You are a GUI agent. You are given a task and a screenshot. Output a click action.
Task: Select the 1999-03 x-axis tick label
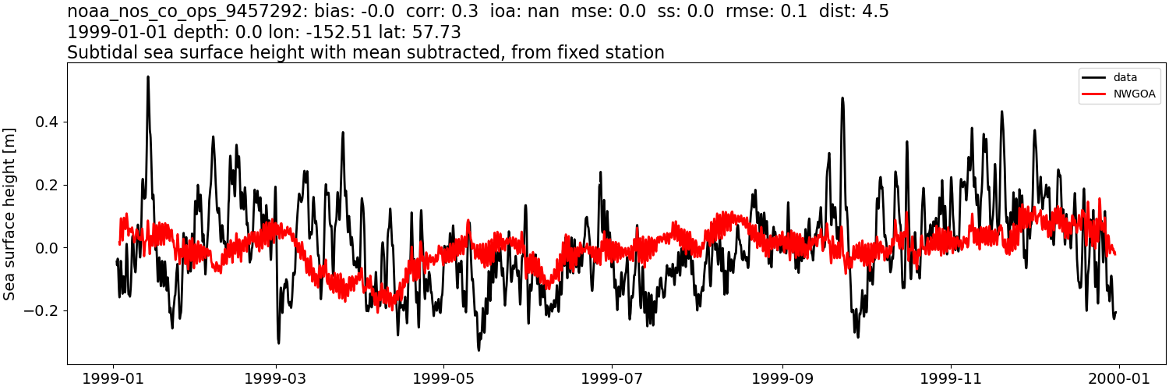(x=276, y=378)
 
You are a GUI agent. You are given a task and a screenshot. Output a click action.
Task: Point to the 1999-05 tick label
(x=443, y=378)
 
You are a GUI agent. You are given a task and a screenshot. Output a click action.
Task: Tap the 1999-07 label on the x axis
(x=612, y=378)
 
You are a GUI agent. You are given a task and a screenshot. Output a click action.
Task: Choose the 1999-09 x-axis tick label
(x=782, y=378)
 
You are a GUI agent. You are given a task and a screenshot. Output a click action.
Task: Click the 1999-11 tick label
(x=951, y=378)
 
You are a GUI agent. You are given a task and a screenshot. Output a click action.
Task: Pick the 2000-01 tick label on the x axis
(x=1119, y=378)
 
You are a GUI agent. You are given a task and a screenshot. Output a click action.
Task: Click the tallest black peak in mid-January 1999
(x=148, y=77)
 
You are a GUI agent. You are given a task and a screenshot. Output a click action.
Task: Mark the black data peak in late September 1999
(x=842, y=98)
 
